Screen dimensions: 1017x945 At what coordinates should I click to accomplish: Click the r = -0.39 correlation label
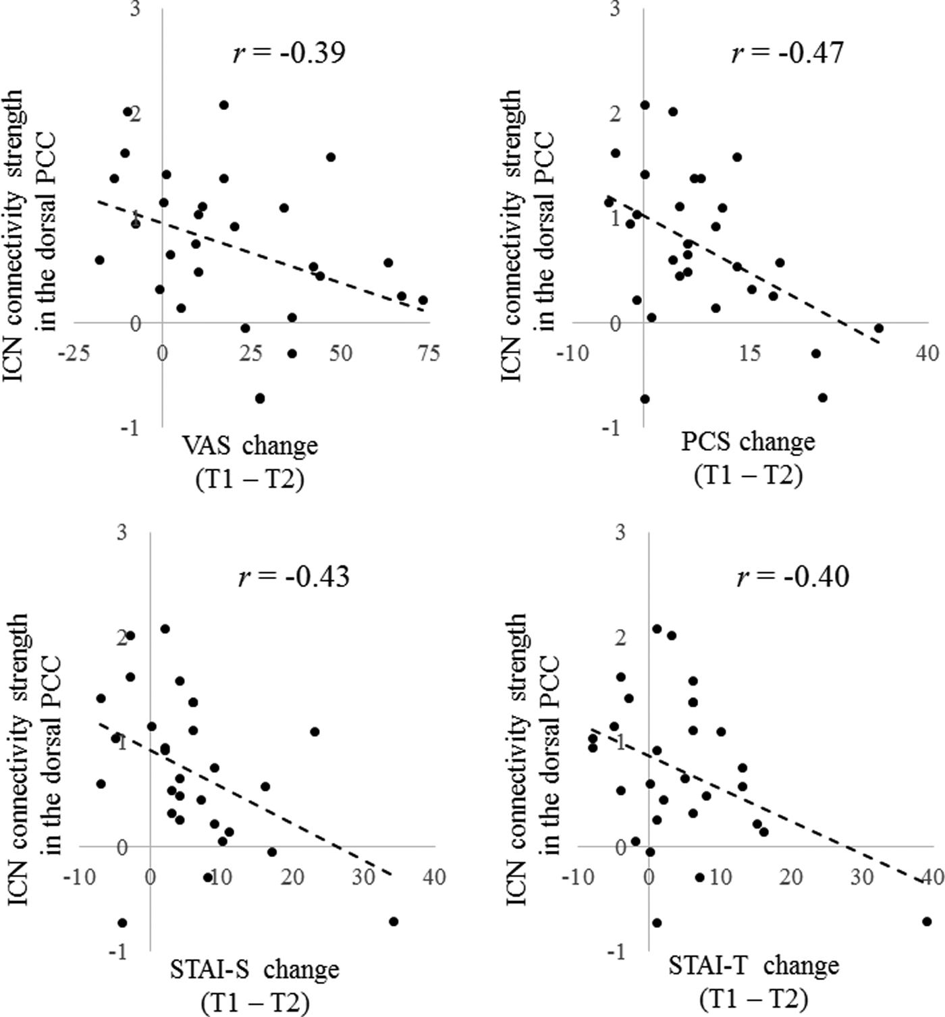point(289,52)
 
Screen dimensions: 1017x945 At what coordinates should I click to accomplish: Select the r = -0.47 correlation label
point(787,52)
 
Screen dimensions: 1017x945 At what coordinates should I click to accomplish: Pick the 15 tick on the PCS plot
point(749,353)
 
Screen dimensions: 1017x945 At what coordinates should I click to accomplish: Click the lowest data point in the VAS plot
point(260,398)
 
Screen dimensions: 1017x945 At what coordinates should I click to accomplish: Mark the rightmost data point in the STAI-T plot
point(927,921)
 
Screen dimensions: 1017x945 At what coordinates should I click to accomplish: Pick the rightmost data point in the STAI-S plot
point(394,921)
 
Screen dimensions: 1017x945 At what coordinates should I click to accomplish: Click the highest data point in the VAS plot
point(224,105)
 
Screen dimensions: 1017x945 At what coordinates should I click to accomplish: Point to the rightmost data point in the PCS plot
point(879,328)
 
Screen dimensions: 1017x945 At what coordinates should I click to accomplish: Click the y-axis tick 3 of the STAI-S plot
point(122,533)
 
